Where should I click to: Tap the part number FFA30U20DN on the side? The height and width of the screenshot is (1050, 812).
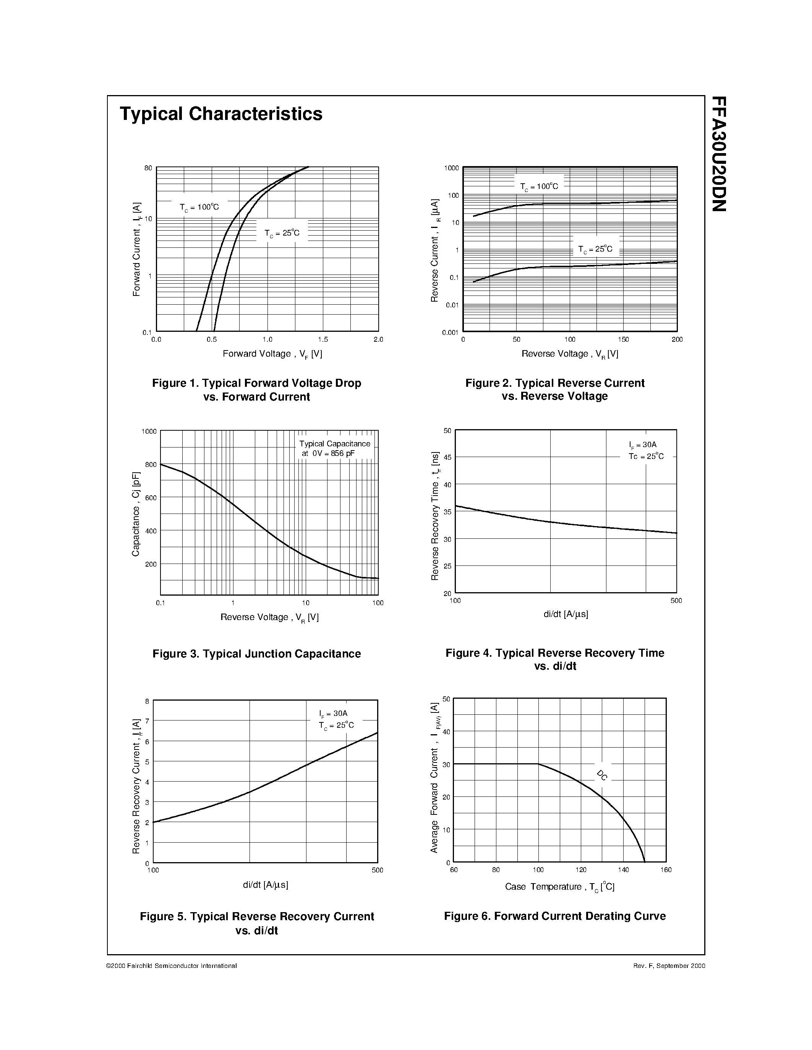[719, 154]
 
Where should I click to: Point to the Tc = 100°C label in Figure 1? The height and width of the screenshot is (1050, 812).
[199, 207]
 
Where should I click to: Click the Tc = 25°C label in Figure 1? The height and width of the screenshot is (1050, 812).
[282, 233]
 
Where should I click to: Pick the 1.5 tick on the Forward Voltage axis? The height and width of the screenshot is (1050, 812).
[323, 339]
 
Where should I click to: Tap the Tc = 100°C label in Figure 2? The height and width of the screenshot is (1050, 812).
[539, 187]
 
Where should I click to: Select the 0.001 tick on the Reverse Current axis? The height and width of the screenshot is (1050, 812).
[450, 332]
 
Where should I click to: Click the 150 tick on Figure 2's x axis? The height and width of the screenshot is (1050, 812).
[624, 339]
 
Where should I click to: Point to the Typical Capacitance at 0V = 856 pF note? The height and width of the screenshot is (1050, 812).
[334, 449]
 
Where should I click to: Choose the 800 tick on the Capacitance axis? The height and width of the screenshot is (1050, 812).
[151, 464]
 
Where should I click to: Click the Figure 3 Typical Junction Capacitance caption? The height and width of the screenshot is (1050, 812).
[256, 654]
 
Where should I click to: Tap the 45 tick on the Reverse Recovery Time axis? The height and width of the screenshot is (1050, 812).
[447, 457]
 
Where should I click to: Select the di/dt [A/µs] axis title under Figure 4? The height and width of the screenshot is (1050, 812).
[566, 614]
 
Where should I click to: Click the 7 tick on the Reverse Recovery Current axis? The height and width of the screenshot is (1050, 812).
[147, 720]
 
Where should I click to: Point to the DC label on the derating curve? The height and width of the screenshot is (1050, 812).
[602, 775]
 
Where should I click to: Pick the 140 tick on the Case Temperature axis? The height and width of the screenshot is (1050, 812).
[624, 870]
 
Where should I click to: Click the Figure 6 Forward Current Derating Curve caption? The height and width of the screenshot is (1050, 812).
[554, 916]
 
